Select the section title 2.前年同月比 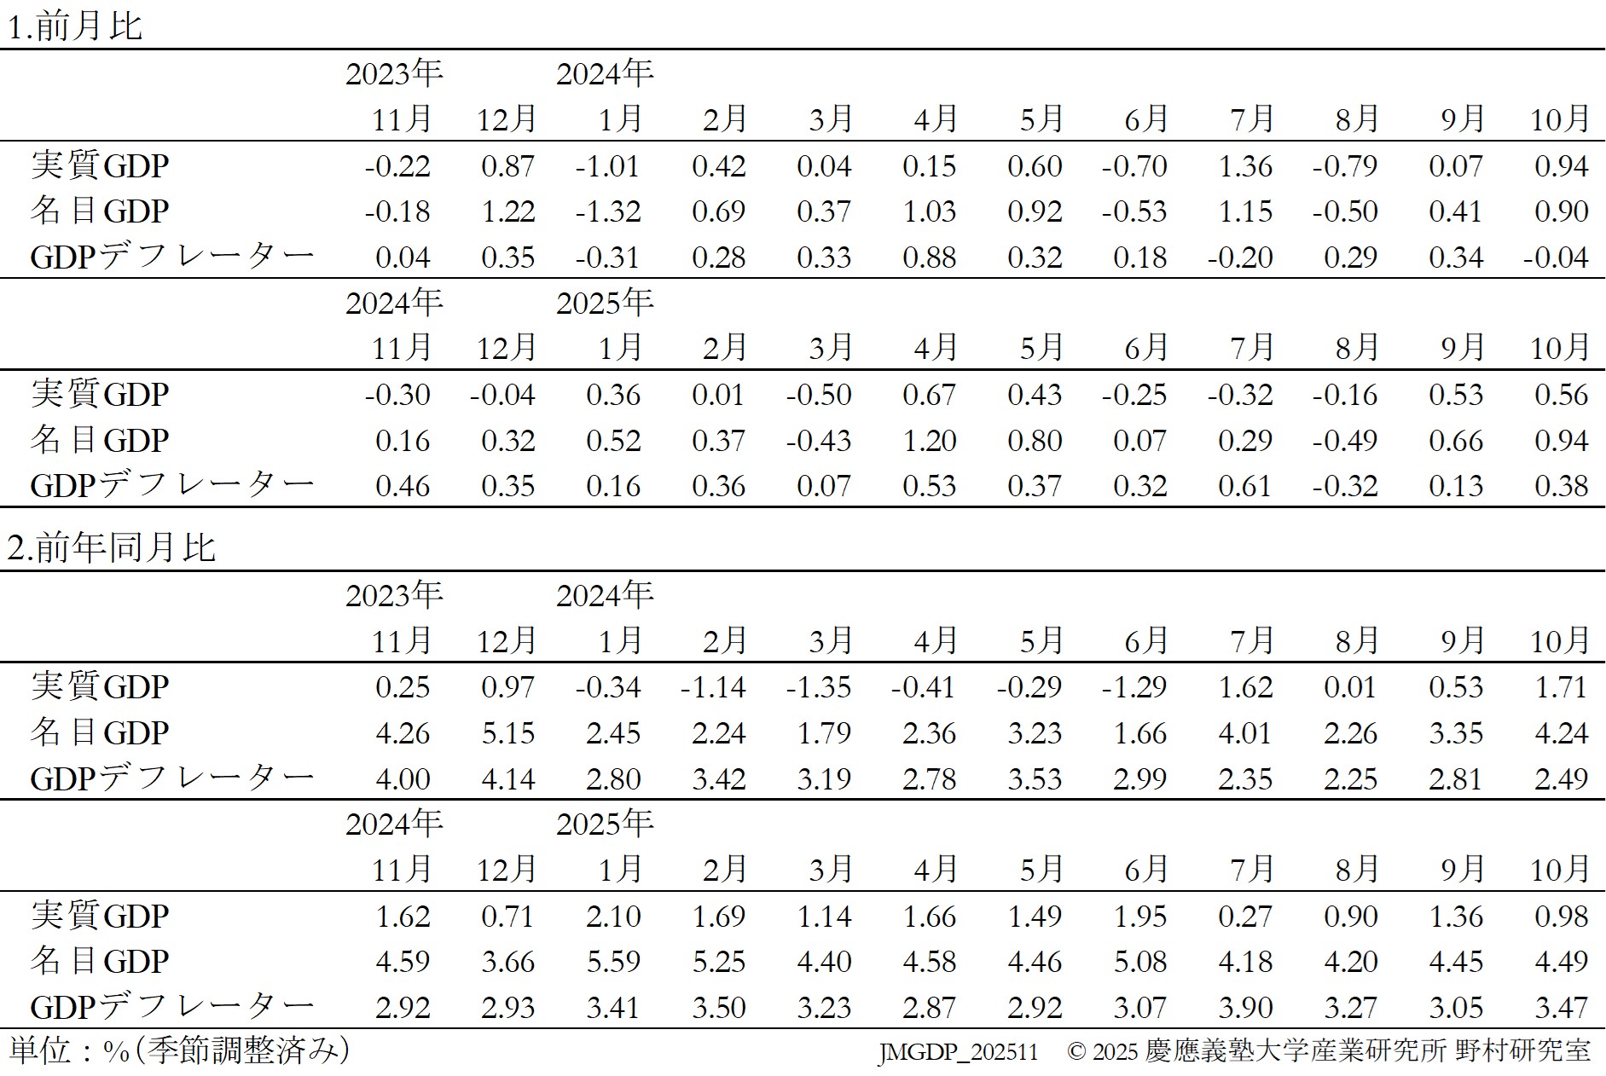click(111, 547)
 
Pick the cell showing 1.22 click(507, 211)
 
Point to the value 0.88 click(929, 257)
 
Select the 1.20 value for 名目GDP click(929, 440)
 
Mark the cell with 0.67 click(929, 395)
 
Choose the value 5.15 click(507, 733)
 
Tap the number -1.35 click(818, 687)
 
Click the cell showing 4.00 click(402, 778)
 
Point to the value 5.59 click(613, 962)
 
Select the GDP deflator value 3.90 click(1245, 1007)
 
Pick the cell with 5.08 click(1140, 962)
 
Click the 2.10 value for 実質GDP click(613, 917)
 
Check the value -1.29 click(1133, 687)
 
